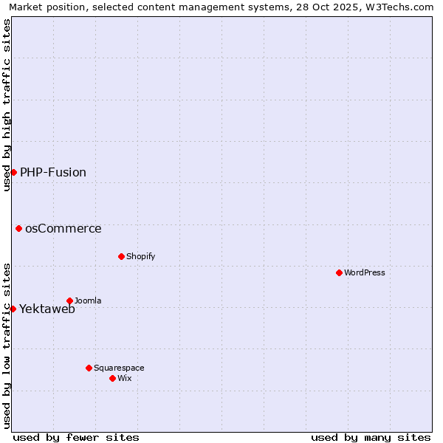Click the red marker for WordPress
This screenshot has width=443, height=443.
click(339, 272)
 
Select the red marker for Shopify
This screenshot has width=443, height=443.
click(121, 256)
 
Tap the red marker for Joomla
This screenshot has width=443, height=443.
click(69, 301)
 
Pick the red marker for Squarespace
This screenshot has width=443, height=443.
click(89, 368)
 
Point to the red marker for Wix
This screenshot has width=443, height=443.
click(112, 378)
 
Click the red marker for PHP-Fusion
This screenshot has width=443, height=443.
click(13, 172)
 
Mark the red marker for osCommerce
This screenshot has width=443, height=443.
click(18, 228)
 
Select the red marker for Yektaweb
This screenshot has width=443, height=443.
click(13, 309)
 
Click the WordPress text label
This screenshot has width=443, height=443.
click(365, 272)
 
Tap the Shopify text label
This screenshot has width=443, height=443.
click(140, 256)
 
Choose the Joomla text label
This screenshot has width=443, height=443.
click(88, 301)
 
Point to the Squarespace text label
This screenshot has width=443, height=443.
click(119, 368)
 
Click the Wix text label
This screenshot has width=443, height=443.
click(124, 378)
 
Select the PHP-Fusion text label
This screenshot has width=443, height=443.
click(53, 172)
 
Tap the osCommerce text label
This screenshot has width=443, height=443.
click(63, 228)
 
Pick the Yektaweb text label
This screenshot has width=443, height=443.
click(47, 309)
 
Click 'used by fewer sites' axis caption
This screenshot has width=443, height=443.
click(76, 437)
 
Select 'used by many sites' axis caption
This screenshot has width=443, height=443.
click(371, 437)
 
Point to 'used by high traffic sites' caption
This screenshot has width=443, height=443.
click(7, 105)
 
